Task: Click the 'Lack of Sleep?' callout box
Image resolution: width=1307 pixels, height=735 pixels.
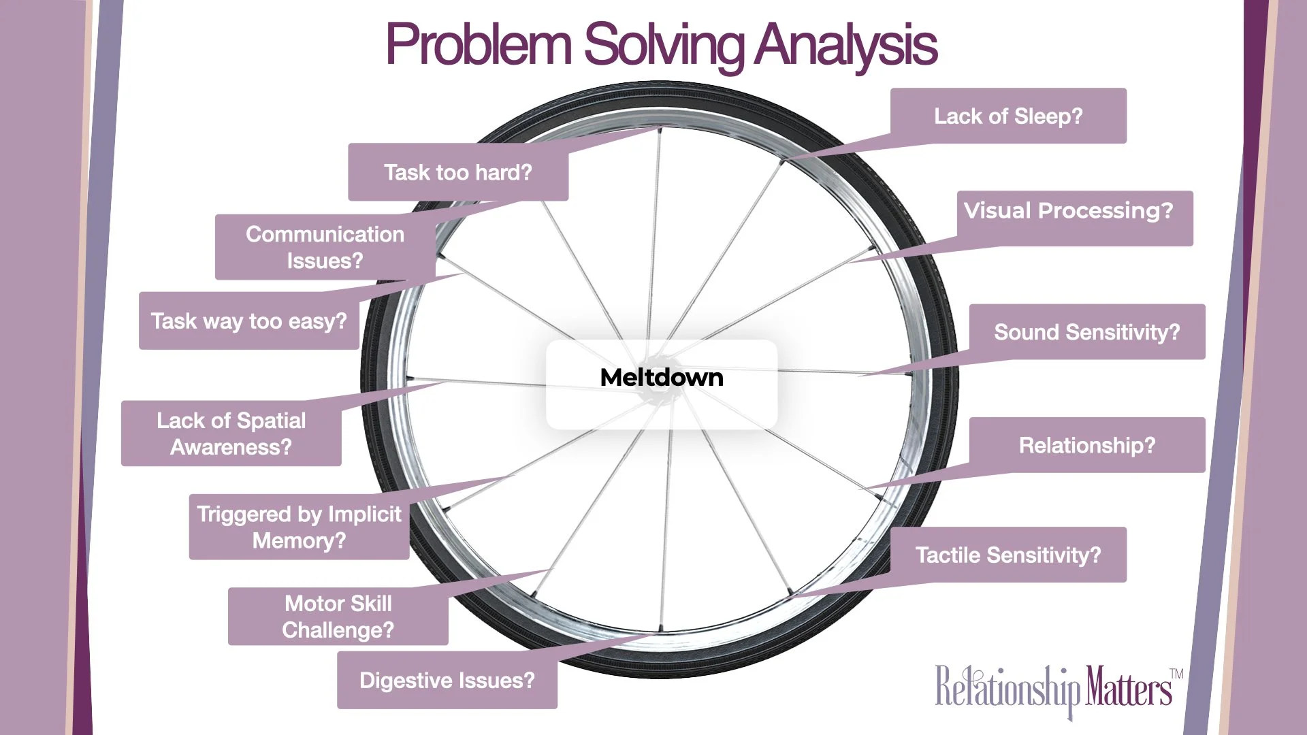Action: tap(1008, 116)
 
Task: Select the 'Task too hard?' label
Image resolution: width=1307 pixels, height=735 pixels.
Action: tap(457, 172)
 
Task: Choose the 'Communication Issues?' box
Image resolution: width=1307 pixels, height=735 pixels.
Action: tap(325, 246)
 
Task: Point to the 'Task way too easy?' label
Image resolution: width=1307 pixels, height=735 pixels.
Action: tap(248, 321)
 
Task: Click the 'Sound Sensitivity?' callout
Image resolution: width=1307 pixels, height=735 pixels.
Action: tap(1086, 331)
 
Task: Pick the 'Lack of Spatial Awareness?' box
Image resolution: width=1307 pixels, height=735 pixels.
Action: tap(231, 434)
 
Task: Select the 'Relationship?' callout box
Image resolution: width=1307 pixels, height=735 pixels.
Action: tap(1086, 445)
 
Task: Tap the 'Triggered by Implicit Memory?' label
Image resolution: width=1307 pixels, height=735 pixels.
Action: tap(299, 527)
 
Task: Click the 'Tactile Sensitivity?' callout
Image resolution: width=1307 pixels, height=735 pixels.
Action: tap(1007, 555)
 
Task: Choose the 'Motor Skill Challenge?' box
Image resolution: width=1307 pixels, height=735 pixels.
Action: tap(338, 617)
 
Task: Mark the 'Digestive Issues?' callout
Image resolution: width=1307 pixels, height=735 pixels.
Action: tap(447, 680)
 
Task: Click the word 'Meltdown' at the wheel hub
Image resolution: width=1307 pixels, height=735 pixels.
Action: tap(661, 378)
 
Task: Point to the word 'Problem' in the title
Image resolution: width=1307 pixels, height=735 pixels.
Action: tap(478, 45)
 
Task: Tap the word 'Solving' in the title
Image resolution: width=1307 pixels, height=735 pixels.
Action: tap(664, 45)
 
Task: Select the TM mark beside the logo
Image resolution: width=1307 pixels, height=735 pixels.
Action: tap(1176, 674)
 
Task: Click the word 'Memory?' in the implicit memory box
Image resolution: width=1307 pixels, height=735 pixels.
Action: tap(299, 541)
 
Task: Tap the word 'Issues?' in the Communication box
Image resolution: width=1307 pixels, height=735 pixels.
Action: tap(325, 261)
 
